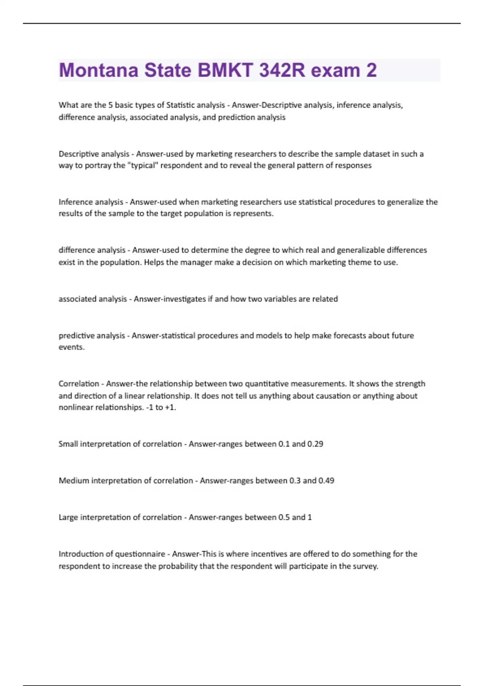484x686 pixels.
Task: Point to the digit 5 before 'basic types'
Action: click(x=110, y=105)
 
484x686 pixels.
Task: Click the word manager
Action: click(x=196, y=262)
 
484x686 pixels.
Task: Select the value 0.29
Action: click(x=315, y=444)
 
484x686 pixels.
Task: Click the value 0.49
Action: click(x=326, y=481)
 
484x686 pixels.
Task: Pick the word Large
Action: click(x=68, y=517)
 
